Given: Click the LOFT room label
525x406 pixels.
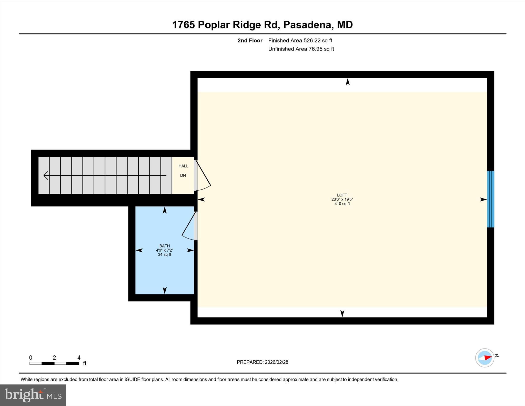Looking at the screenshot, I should [342, 195].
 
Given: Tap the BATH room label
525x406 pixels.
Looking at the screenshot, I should [164, 246].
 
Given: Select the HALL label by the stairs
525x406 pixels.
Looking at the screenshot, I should [183, 166].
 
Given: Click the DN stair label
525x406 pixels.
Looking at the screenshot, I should [183, 175].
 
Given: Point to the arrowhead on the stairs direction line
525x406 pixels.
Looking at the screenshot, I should [46, 175].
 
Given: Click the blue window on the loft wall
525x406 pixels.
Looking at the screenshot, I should [490, 199].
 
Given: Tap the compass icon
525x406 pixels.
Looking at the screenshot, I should [484, 358].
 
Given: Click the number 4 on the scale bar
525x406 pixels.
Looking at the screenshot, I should [79, 358].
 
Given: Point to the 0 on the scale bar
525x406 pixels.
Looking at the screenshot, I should [31, 358].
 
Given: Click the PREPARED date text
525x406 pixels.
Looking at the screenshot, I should [262, 362].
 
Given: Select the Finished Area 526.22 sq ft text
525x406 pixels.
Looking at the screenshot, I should [300, 41].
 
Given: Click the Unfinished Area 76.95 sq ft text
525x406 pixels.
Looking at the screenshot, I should [301, 49].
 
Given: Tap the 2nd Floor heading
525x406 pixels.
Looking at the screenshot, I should [250, 41].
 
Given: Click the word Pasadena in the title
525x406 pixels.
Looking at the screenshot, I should [308, 25].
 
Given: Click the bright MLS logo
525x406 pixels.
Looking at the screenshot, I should [33, 395].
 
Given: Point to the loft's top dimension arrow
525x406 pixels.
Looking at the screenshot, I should [348, 82].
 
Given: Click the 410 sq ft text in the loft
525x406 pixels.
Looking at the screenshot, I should [342, 204].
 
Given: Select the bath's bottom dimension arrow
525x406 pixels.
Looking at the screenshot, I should [165, 290].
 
